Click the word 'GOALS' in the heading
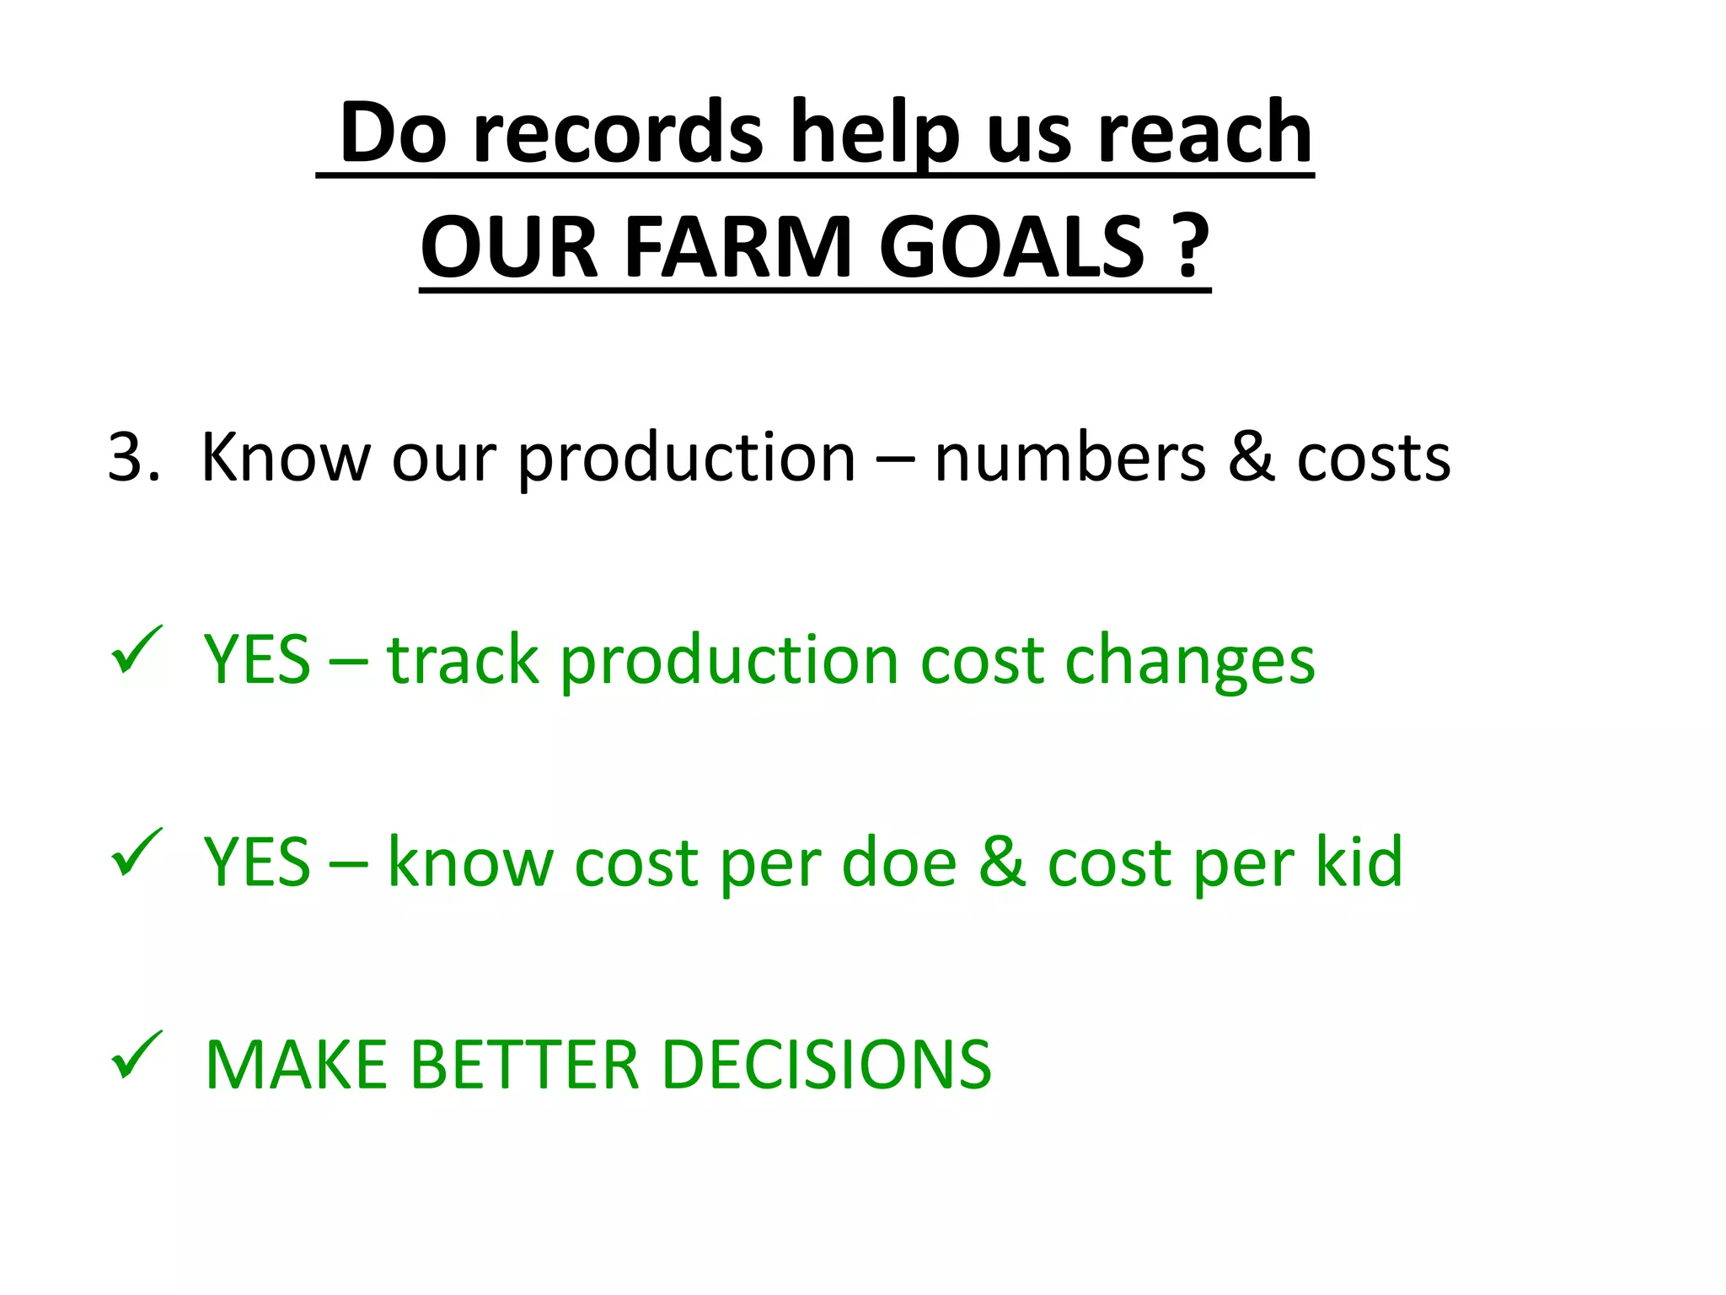pos(1011,248)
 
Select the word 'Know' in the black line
pos(285,458)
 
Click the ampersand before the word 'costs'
pos(1251,458)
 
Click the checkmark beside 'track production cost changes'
pos(136,650)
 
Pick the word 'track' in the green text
pos(462,660)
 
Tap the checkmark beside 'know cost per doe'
pos(136,852)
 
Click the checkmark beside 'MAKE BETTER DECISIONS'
pos(136,1055)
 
